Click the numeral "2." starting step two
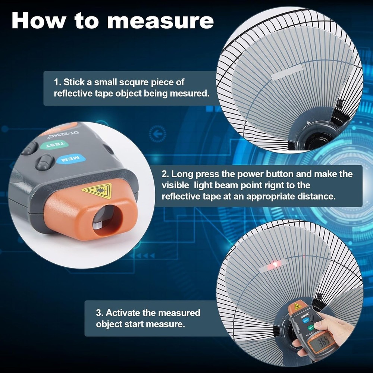coord(165,174)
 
